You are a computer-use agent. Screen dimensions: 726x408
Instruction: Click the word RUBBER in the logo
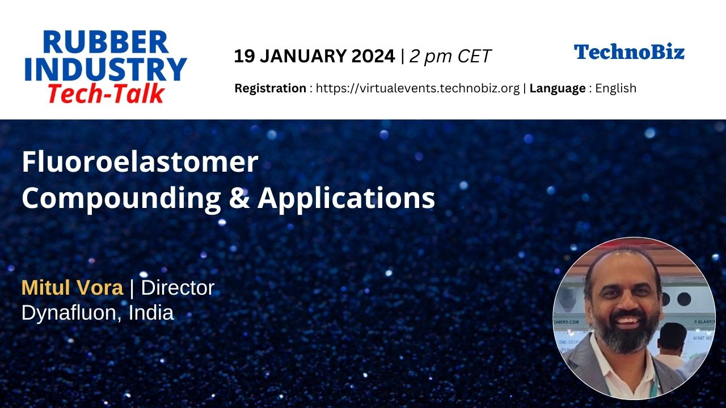105,42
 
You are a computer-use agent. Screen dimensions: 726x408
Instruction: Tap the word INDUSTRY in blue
105,69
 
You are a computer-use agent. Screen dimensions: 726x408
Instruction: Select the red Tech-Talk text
106,93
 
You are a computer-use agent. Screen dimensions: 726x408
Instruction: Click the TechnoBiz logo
629,52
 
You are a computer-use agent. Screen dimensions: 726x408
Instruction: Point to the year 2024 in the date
373,56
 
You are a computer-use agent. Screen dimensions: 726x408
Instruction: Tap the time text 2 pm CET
450,56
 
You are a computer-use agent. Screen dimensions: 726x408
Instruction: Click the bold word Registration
271,88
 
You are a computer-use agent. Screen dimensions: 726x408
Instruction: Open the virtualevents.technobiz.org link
417,88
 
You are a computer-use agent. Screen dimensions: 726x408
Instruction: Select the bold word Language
558,88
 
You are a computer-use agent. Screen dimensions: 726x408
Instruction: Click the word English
616,88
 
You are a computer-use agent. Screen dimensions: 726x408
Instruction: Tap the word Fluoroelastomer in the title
140,162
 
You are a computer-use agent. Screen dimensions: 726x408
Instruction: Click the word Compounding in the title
121,198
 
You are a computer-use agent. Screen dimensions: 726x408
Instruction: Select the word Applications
346,198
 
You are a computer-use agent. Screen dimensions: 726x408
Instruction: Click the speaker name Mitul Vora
72,287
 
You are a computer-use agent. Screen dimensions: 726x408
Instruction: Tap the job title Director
178,287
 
